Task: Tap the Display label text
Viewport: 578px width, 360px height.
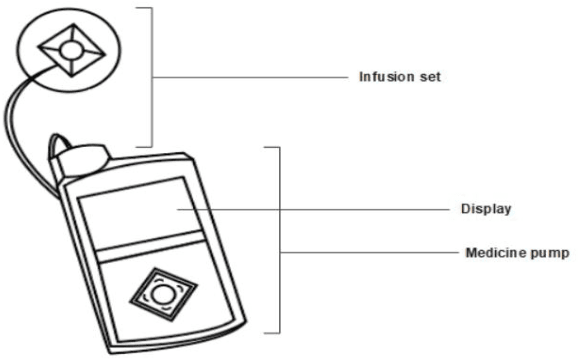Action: coord(488,209)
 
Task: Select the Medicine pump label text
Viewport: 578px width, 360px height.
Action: coord(517,253)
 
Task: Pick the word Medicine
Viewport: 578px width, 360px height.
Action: coord(498,253)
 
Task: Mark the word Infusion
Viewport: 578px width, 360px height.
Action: coord(383,75)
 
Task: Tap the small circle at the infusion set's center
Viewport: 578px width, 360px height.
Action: coord(69,48)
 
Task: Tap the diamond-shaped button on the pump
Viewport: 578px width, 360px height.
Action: coord(161,294)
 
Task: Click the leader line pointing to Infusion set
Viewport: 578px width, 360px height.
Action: coord(250,75)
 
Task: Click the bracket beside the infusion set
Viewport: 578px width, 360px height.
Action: coord(152,75)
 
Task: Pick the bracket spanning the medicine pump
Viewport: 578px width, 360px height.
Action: coord(279,240)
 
